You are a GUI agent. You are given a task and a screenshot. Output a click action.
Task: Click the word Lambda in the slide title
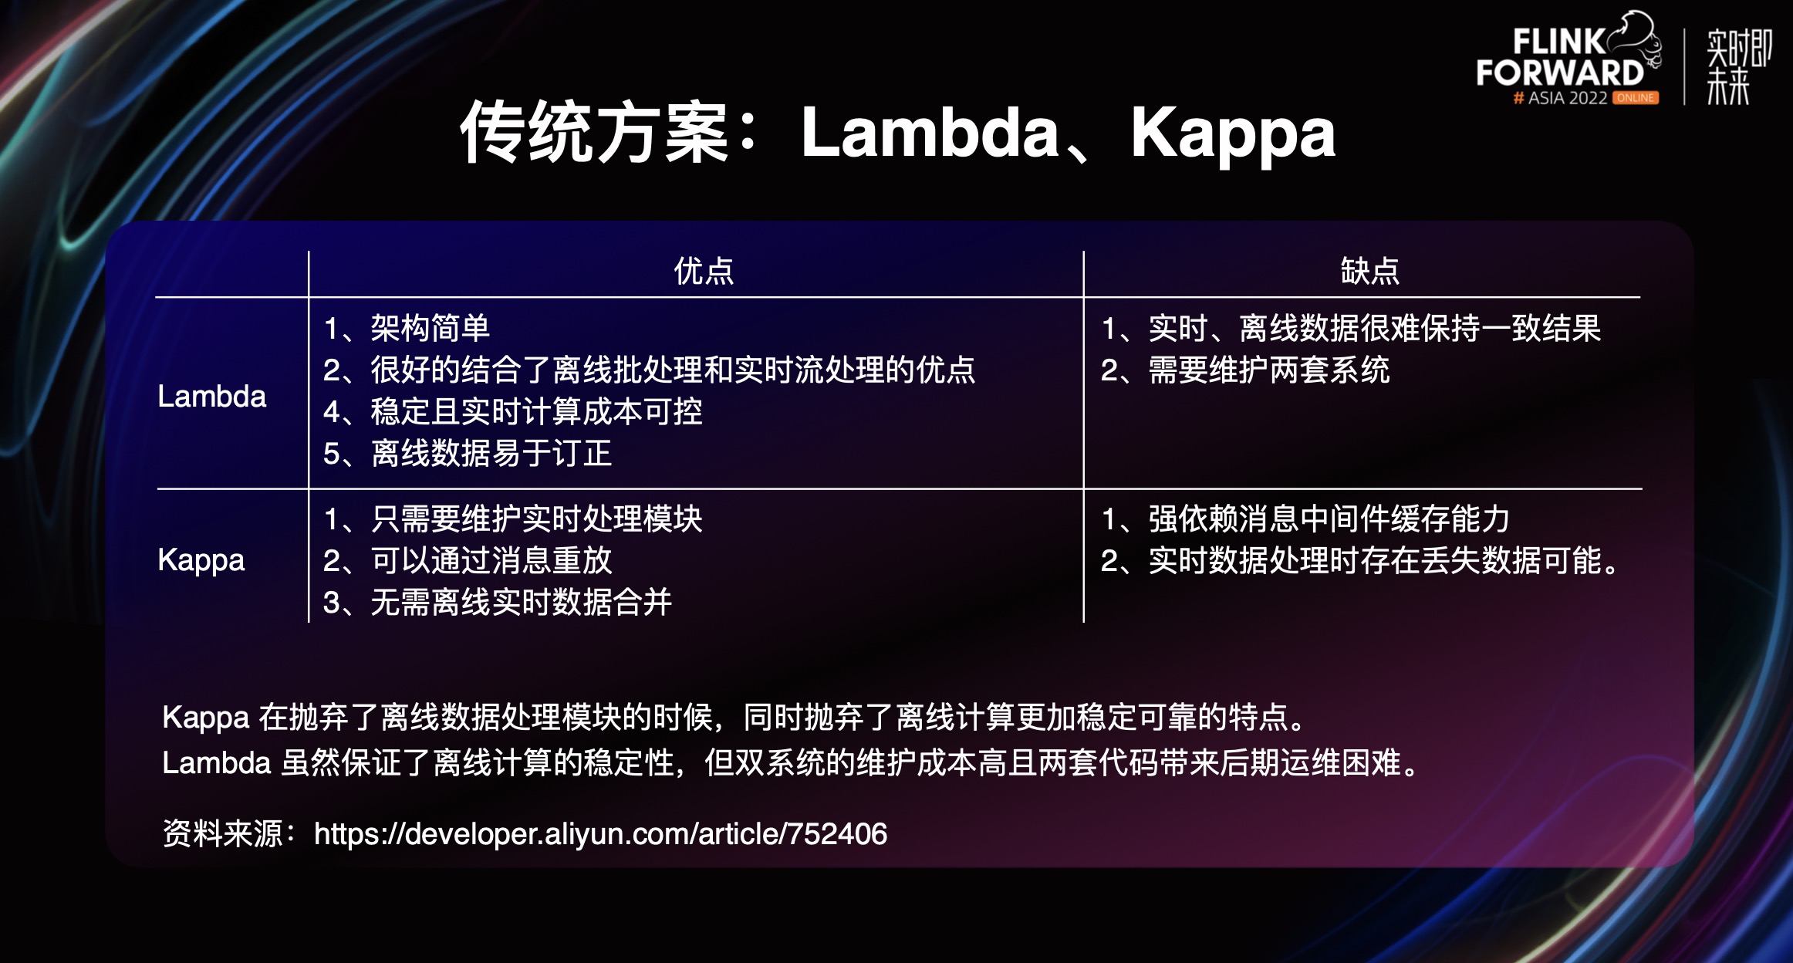click(x=930, y=132)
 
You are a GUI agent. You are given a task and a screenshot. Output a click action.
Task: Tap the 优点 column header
click(x=704, y=271)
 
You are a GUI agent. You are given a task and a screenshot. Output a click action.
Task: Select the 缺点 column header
click(x=1369, y=271)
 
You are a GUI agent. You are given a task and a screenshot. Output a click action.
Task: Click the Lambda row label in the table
click(x=211, y=397)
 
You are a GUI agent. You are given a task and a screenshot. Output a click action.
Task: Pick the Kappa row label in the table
click(x=201, y=561)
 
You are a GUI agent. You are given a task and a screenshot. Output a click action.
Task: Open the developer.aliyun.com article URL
click(x=601, y=834)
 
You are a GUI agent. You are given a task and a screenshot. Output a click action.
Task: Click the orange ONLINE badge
click(x=1635, y=98)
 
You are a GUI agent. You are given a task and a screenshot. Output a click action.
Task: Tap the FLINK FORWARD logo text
click(x=1560, y=58)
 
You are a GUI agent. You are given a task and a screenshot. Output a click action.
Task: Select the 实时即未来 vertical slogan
click(x=1738, y=66)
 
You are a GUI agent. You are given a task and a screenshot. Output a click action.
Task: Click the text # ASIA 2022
click(x=1560, y=98)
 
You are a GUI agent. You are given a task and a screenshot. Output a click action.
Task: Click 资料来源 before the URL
click(x=223, y=834)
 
